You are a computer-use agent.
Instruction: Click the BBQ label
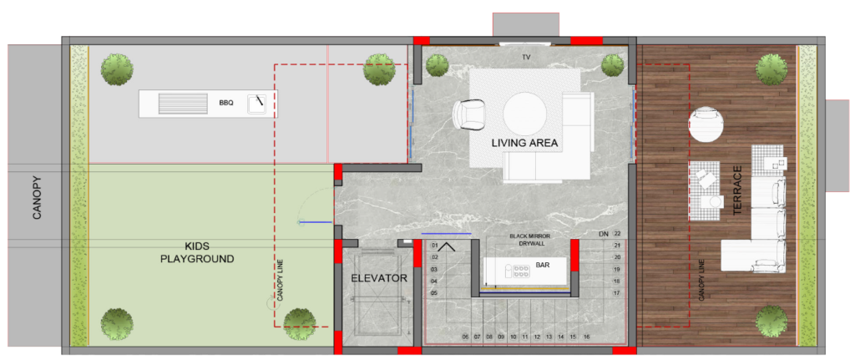pyautogui.click(x=225, y=102)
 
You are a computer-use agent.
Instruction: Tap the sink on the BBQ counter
pyautogui.click(x=257, y=103)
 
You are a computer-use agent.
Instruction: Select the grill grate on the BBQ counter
pyautogui.click(x=183, y=104)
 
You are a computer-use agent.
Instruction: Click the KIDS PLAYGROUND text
pyautogui.click(x=197, y=252)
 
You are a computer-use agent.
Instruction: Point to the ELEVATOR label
pyautogui.click(x=379, y=278)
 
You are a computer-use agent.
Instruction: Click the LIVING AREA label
pyautogui.click(x=524, y=144)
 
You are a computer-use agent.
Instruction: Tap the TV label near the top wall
pyautogui.click(x=526, y=58)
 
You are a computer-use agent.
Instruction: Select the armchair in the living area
pyautogui.click(x=468, y=115)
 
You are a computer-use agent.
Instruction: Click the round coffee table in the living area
pyautogui.click(x=524, y=113)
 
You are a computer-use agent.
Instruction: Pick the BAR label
pyautogui.click(x=542, y=266)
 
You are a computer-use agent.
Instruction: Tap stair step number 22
pyautogui.click(x=617, y=233)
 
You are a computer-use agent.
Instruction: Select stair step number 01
pyautogui.click(x=434, y=245)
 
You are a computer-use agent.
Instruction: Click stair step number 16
pyautogui.click(x=586, y=337)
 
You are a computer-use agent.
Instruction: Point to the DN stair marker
pyautogui.click(x=604, y=234)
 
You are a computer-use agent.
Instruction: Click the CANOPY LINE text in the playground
pyautogui.click(x=279, y=279)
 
